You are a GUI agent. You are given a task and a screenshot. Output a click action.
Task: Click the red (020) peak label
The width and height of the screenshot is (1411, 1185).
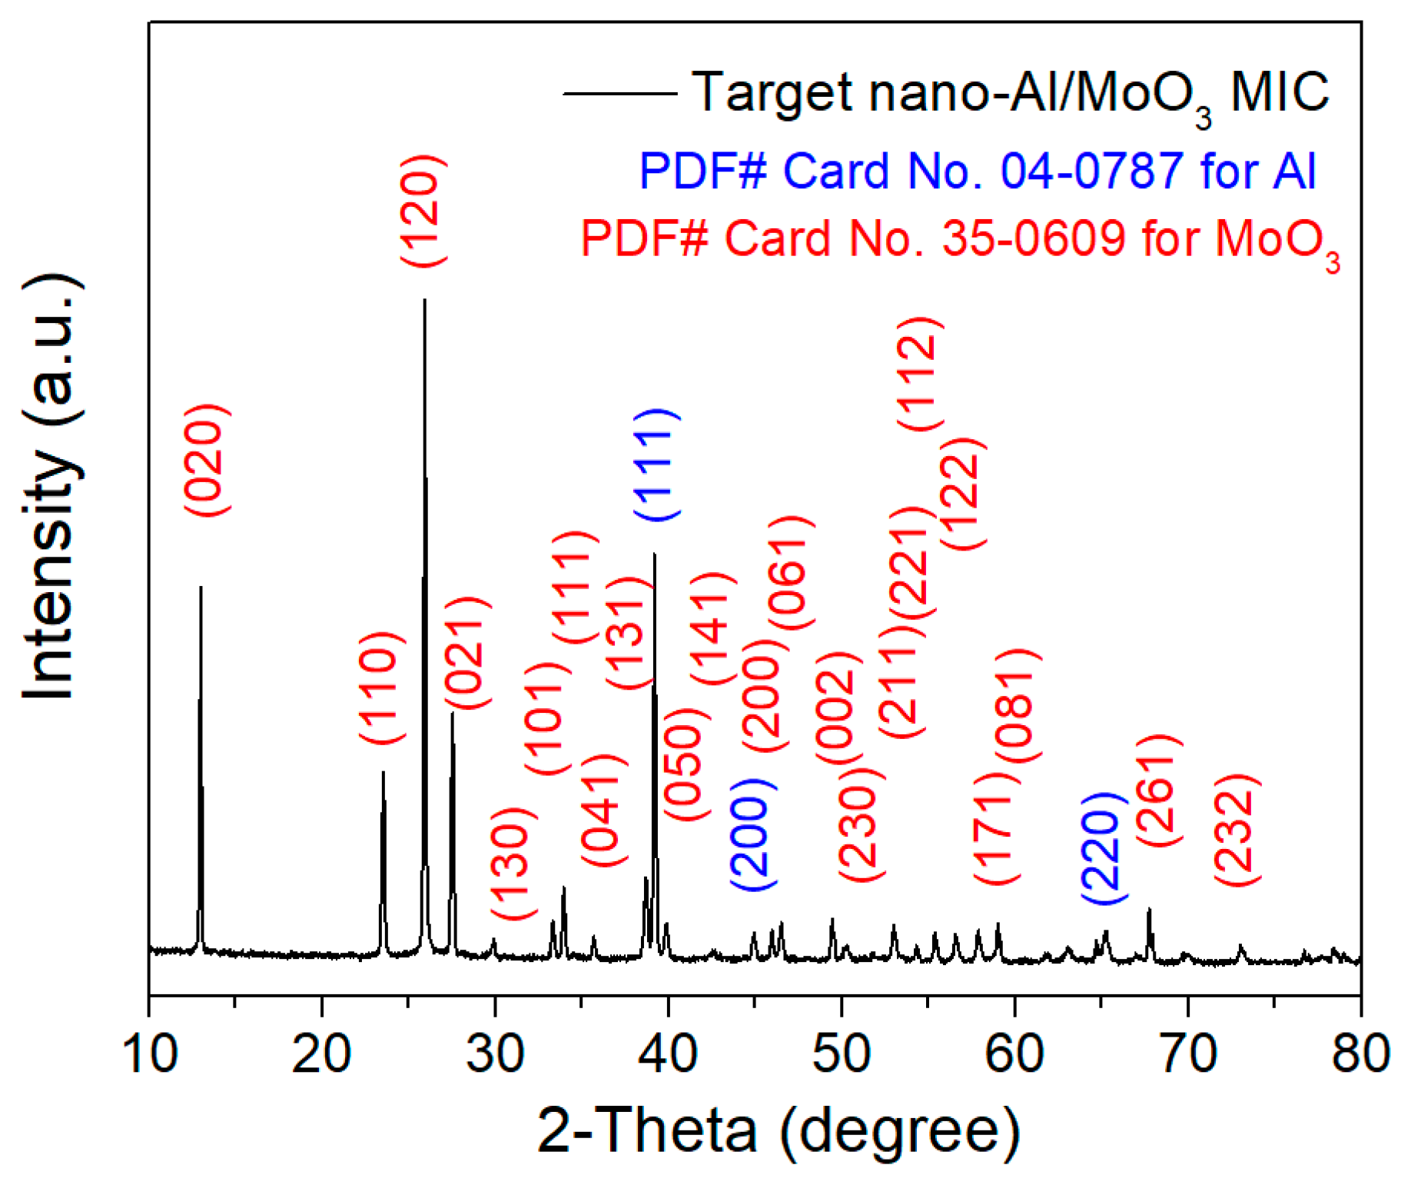[x=207, y=460]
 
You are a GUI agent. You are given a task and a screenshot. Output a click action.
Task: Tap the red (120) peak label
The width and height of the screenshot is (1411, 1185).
[x=423, y=211]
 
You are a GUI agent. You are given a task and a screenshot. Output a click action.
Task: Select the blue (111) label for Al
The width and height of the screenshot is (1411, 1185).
[x=656, y=465]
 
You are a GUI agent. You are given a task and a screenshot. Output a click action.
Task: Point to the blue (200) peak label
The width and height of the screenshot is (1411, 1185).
[x=752, y=835]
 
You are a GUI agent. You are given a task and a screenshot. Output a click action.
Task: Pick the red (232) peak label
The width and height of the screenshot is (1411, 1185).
[x=1237, y=830]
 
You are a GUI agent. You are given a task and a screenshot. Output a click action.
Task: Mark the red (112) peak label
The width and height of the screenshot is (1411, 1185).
[x=919, y=373]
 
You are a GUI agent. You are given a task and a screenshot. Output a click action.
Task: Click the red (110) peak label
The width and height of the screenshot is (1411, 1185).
[x=381, y=687]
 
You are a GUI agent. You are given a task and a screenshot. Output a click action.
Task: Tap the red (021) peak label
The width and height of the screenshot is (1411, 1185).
[x=467, y=653]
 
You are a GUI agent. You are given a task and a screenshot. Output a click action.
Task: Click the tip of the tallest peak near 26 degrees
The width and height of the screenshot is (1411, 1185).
[x=424, y=301]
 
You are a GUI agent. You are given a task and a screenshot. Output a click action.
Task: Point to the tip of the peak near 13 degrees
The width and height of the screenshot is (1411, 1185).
[x=201, y=588]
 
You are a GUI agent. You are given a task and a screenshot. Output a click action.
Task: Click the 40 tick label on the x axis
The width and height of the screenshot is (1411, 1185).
[x=668, y=1053]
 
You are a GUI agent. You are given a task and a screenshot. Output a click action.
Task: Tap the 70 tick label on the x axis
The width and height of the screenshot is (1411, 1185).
[x=1187, y=1053]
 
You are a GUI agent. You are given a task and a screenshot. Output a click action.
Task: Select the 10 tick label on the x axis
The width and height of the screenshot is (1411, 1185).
[x=150, y=1053]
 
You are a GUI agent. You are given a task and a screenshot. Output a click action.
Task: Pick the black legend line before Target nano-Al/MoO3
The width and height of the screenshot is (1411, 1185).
[x=619, y=94]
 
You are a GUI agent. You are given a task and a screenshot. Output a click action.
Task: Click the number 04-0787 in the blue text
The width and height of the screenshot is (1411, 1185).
[x=1091, y=170]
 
